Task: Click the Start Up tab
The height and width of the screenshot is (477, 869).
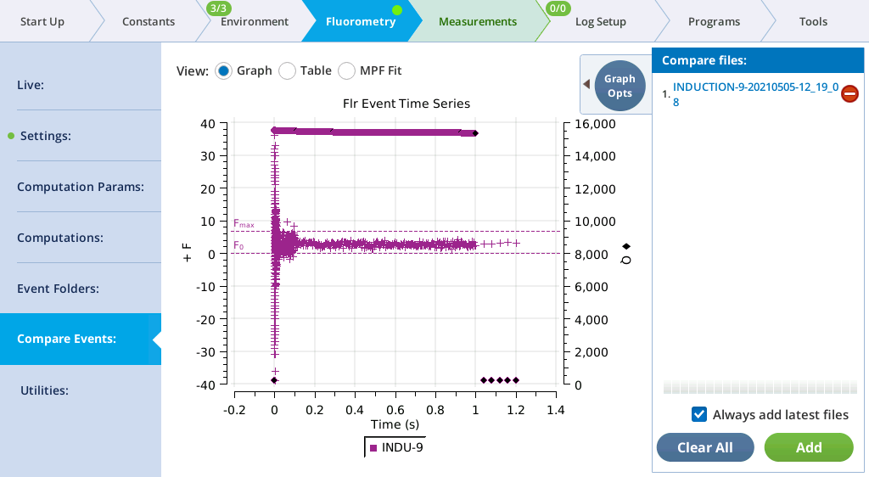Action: pyautogui.click(x=42, y=21)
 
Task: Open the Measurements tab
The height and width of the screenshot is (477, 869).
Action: pyautogui.click(x=477, y=21)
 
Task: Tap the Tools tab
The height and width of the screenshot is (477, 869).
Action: pyautogui.click(x=813, y=21)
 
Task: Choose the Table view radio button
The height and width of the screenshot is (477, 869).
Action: pyautogui.click(x=288, y=70)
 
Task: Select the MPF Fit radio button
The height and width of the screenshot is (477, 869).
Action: pyautogui.click(x=347, y=70)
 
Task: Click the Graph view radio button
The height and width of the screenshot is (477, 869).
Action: pyautogui.click(x=224, y=70)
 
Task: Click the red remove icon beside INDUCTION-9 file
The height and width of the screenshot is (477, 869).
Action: pyautogui.click(x=849, y=94)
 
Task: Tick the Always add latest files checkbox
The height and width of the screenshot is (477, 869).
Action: pyautogui.click(x=699, y=414)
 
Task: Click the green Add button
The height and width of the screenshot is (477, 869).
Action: pyautogui.click(x=808, y=447)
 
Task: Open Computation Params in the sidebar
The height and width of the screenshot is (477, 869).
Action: pyautogui.click(x=81, y=187)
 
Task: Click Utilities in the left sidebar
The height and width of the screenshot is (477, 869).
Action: pyautogui.click(x=55, y=390)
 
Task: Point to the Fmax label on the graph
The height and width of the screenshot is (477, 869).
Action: pyautogui.click(x=244, y=224)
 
